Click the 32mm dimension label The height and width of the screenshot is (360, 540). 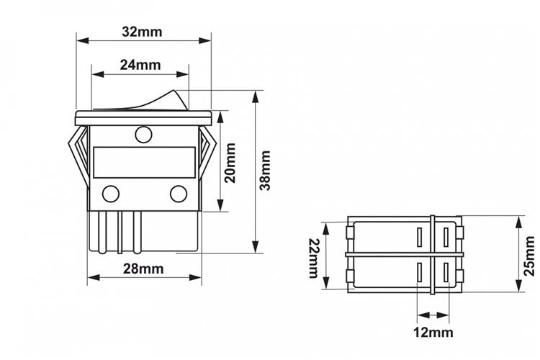click(143, 32)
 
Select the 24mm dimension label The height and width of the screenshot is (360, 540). click(140, 64)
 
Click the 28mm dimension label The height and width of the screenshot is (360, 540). click(143, 269)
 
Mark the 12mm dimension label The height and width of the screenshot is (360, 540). click(433, 332)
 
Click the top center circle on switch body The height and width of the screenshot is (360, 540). click(143, 133)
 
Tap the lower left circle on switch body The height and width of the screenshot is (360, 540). click(111, 193)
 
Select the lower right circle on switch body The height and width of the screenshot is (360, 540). click(177, 193)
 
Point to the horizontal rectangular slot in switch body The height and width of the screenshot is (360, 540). click(144, 160)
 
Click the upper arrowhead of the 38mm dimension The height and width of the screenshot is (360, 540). click(256, 95)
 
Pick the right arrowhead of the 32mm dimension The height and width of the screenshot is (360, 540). click(207, 40)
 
